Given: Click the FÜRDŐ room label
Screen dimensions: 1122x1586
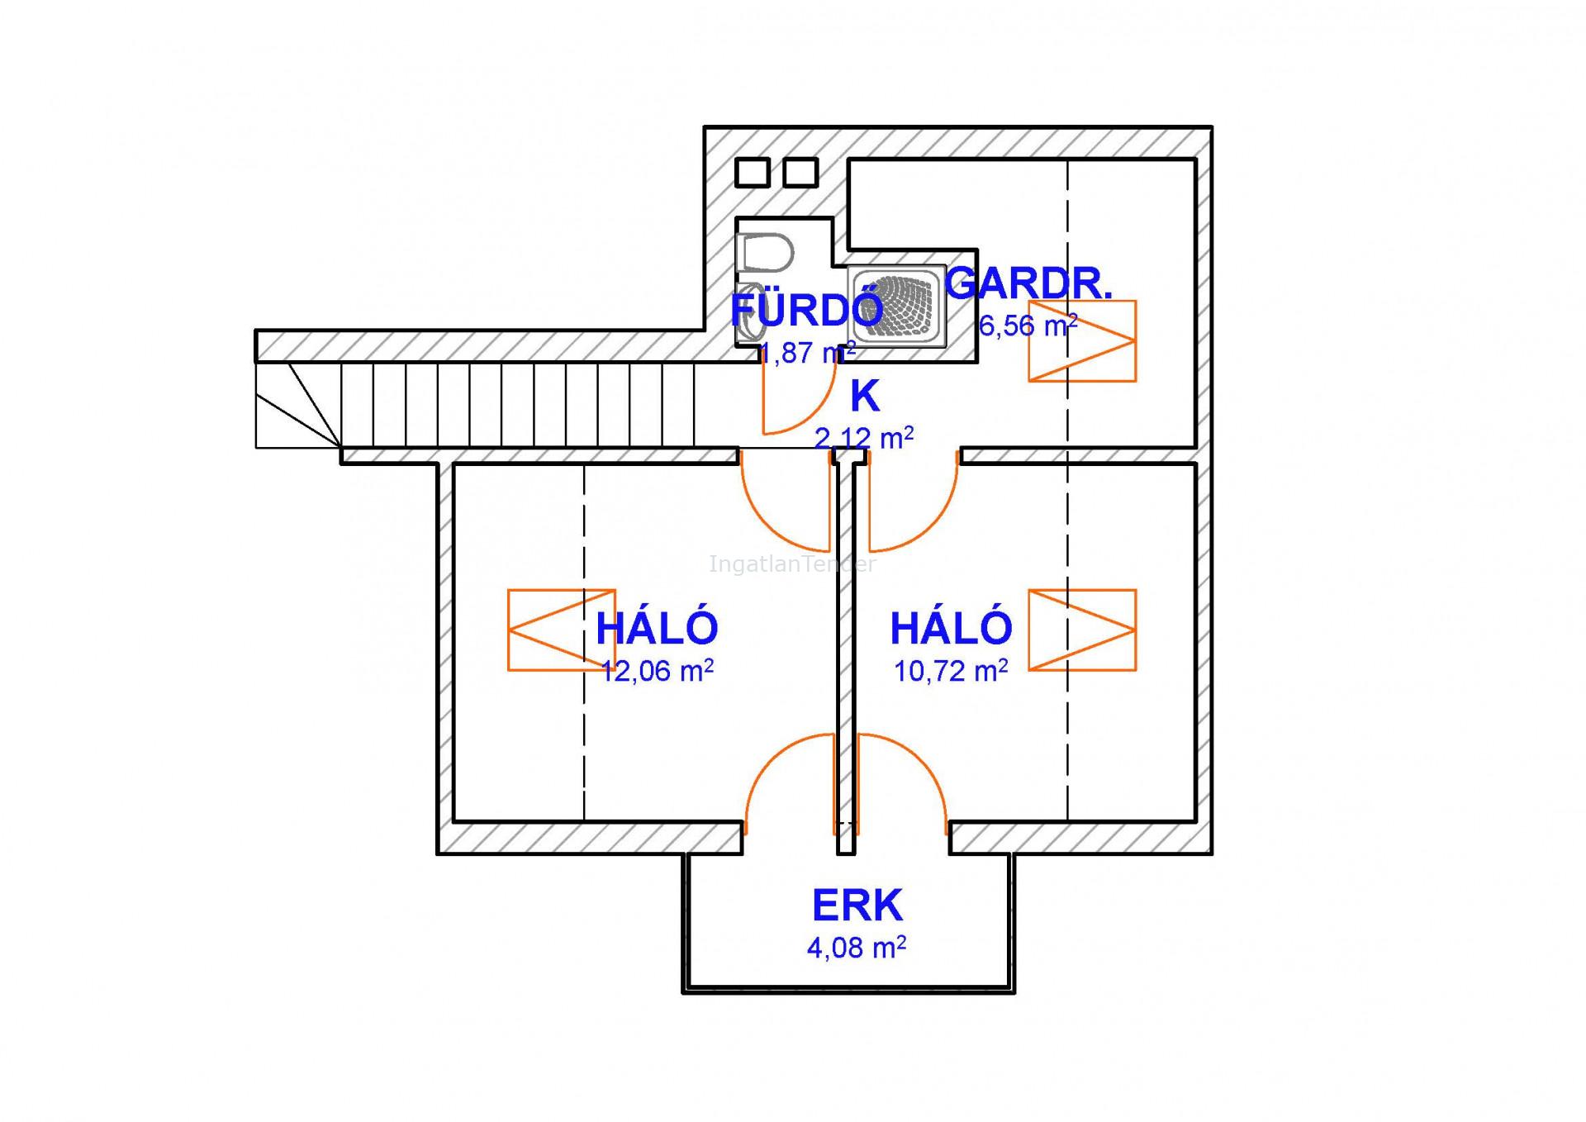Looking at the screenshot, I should (x=806, y=310).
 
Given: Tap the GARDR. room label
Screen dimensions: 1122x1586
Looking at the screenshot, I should (x=1029, y=283).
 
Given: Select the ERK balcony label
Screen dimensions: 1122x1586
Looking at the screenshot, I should (x=857, y=906).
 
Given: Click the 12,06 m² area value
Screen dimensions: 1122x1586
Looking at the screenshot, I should (x=658, y=671).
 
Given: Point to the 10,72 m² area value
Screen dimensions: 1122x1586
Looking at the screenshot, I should (x=951, y=671).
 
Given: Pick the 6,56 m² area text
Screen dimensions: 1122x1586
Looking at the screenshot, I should (x=1028, y=326).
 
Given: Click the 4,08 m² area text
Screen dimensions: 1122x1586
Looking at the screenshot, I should (x=857, y=947).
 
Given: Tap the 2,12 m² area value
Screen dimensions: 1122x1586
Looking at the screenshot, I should (x=864, y=437).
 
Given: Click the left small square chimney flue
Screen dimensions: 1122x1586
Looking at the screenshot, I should (x=752, y=173).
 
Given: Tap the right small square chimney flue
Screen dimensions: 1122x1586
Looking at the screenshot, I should (x=800, y=173).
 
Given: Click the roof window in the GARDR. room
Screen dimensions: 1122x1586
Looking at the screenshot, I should (x=1082, y=340).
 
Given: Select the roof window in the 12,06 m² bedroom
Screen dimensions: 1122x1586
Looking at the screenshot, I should (x=561, y=630).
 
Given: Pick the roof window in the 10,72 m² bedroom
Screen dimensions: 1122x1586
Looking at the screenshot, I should (x=1082, y=630).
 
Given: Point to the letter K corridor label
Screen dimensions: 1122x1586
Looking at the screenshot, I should (x=865, y=397).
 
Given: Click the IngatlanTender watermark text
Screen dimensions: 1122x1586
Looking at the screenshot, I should (x=791, y=565).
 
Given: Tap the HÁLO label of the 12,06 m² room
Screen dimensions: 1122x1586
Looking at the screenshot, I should (x=657, y=628).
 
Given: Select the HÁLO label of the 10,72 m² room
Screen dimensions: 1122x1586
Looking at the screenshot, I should (x=951, y=628).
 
